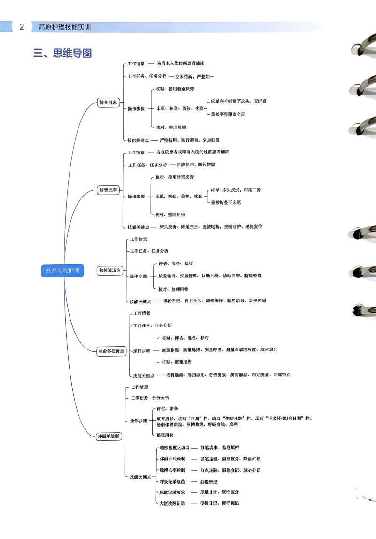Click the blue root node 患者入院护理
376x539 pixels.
coord(62,270)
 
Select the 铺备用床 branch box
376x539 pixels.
coord(108,103)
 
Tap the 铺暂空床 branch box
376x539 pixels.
coord(108,190)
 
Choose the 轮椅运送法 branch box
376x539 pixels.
coord(110,270)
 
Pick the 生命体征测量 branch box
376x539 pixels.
coord(111,351)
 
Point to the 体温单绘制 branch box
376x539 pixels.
coord(109,436)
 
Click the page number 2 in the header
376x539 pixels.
coord(22,27)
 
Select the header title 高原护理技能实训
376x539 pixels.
coord(65,27)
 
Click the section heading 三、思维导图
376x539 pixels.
coord(63,53)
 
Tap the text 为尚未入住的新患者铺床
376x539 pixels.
coord(180,63)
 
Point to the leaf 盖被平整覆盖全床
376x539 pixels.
coord(228,114)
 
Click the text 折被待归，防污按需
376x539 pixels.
coord(196,165)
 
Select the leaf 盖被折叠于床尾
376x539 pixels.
coord(226,202)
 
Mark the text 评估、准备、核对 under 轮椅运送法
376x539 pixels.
coord(175,263)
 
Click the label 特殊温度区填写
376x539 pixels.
coord(175,448)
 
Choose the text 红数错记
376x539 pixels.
coord(209,482)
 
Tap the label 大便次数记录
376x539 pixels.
coord(172,503)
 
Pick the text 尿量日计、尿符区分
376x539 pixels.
coord(219,492)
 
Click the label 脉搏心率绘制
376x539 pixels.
coord(172,470)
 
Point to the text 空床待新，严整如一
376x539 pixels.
coord(195,76)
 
